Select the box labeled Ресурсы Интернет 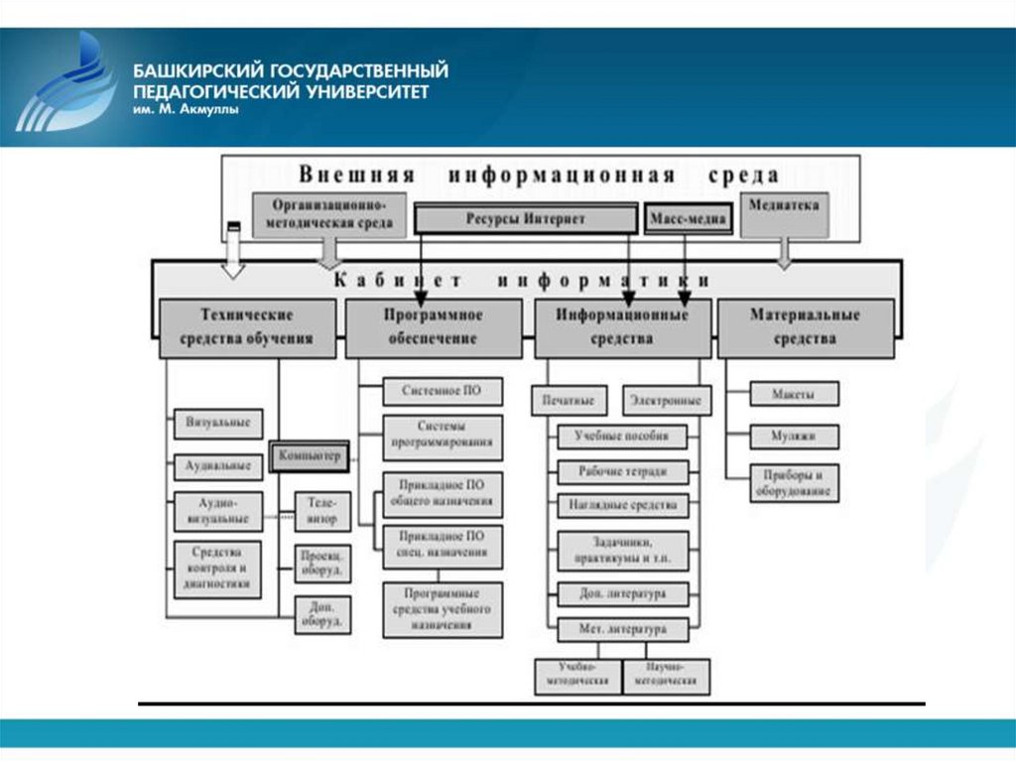tap(525, 218)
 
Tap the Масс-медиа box tap(689, 218)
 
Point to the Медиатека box tap(784, 212)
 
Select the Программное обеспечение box tap(433, 326)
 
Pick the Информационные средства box tap(622, 326)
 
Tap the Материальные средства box tap(805, 326)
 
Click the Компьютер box tap(309, 456)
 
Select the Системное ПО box tap(443, 391)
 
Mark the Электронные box tap(667, 400)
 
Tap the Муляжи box tap(794, 435)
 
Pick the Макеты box tap(794, 394)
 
